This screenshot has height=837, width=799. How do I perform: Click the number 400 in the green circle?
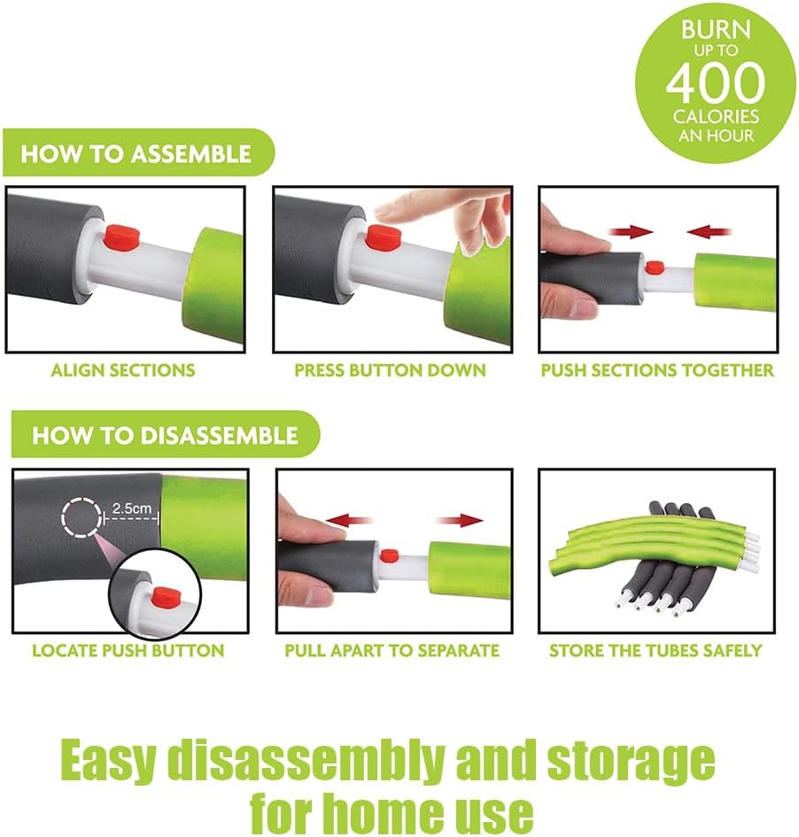click(x=715, y=82)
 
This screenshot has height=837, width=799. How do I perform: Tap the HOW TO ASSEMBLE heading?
click(x=136, y=154)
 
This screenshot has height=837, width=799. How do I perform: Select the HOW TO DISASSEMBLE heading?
click(x=165, y=435)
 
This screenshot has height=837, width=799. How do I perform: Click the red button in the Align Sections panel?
click(x=121, y=237)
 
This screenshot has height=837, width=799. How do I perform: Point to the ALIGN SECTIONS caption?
click(x=123, y=370)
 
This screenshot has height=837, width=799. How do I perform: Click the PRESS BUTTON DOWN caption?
click(x=390, y=370)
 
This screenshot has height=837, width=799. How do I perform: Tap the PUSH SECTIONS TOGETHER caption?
click(x=657, y=370)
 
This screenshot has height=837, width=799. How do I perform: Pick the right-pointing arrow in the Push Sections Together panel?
click(x=631, y=232)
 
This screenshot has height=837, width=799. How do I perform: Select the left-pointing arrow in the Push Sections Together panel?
click(x=709, y=232)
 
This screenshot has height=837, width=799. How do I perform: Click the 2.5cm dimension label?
click(x=132, y=508)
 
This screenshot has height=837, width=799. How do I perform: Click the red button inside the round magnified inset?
click(x=164, y=597)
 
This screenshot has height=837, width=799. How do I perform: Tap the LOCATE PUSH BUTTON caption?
click(x=128, y=651)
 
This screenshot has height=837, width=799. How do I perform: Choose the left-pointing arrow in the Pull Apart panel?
click(x=348, y=520)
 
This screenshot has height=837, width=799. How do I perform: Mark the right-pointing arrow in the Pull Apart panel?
click(x=460, y=520)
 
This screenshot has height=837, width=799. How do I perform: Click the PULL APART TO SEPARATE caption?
click(x=392, y=651)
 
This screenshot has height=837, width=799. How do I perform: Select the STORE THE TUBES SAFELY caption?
click(x=655, y=651)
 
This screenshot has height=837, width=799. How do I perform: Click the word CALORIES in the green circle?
click(x=716, y=116)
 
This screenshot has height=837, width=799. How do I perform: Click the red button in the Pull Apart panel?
click(x=390, y=555)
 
